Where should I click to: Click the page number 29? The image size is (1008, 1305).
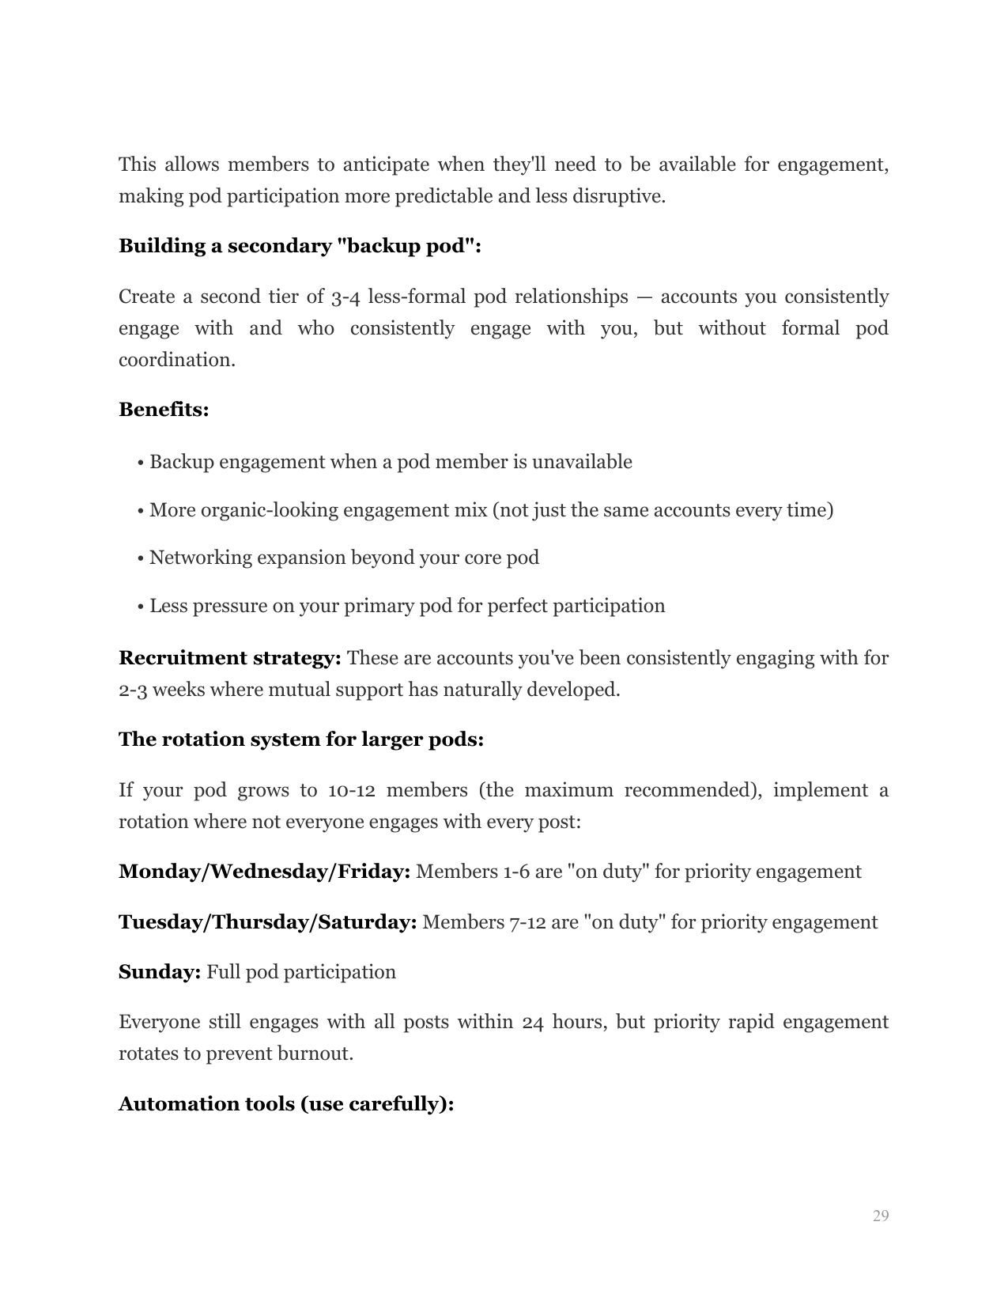[881, 1216]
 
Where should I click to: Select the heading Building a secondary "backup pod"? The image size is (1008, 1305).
[300, 246]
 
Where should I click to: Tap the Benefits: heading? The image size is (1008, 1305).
[164, 410]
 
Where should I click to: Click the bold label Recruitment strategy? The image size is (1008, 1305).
[229, 658]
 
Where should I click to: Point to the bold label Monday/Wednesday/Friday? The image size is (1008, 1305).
[264, 872]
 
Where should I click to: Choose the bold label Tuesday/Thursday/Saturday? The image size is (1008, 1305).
[267, 922]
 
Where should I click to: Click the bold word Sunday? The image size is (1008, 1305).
[160, 972]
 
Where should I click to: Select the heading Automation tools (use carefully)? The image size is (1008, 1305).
[286, 1104]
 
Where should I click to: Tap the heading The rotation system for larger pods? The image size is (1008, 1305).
[301, 739]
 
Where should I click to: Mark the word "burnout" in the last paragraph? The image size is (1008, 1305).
[313, 1054]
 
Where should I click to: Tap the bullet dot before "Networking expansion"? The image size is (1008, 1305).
[140, 558]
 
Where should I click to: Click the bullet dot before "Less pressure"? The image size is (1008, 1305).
[140, 607]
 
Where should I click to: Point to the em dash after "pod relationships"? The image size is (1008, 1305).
[644, 297]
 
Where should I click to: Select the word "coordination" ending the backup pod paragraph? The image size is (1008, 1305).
[175, 360]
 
